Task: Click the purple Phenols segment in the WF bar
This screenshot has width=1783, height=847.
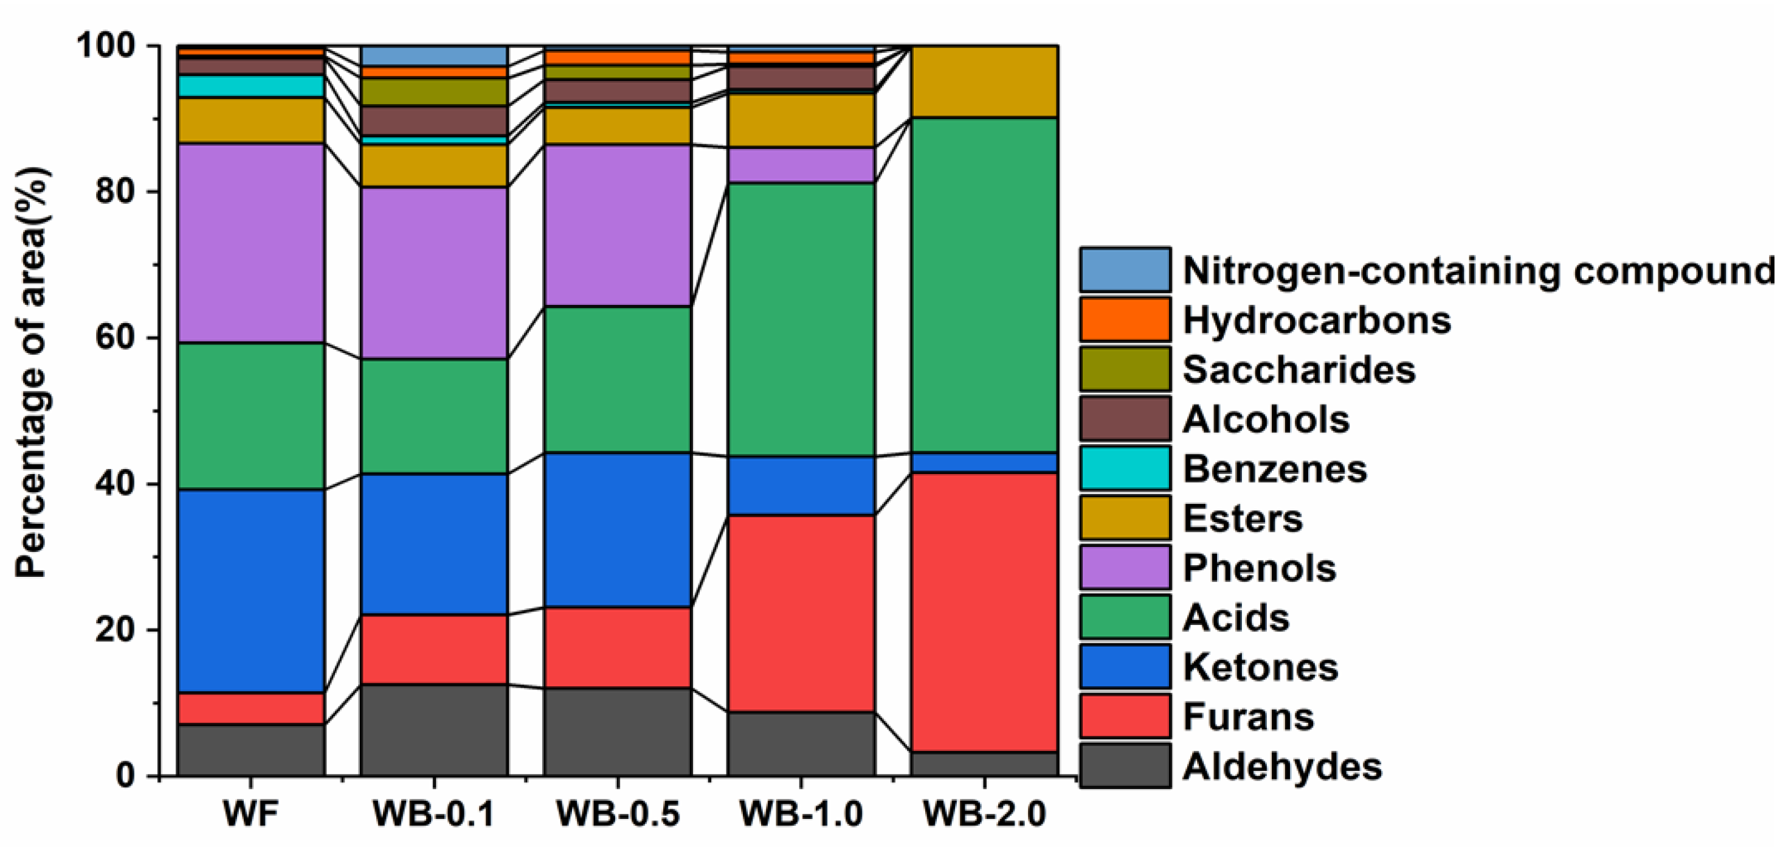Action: coord(250,242)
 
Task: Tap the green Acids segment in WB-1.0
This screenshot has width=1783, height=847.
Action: coord(801,319)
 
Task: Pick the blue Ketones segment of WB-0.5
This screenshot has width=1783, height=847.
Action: coord(618,530)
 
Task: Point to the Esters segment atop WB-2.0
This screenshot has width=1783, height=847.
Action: coord(984,82)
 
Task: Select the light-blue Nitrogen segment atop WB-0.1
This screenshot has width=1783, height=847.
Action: coord(434,56)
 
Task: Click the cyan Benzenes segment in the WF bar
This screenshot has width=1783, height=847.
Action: coord(250,86)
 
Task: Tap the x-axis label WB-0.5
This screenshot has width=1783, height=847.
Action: coord(618,814)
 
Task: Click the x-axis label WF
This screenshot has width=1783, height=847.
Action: coord(250,814)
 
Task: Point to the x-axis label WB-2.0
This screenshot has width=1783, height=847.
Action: coord(984,814)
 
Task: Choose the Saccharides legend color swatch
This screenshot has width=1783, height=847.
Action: coord(1125,369)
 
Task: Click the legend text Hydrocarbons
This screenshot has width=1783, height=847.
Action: coord(1317,320)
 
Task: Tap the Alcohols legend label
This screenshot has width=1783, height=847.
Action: coord(1266,419)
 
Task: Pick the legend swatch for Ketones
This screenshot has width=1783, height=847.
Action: coord(1125,666)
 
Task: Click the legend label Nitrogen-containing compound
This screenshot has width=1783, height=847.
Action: coord(1478,270)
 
